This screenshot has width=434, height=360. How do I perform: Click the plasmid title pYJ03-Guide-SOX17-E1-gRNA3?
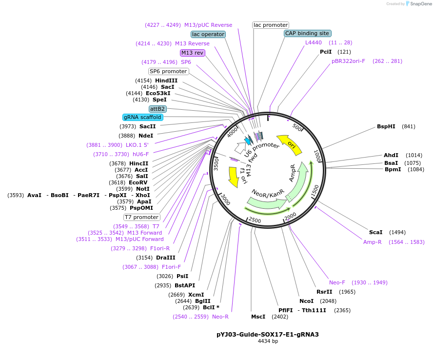267,335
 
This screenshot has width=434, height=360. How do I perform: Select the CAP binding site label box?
307,34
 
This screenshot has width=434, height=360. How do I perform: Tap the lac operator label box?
208,35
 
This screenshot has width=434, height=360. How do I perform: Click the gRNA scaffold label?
142,117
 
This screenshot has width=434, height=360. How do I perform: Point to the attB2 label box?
158,109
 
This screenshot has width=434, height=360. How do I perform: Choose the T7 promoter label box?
141,217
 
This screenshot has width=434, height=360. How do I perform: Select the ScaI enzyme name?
375,232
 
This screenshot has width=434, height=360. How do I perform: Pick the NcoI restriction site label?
306,301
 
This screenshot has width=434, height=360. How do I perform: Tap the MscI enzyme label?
258,317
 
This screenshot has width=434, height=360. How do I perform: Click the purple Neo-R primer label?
220,317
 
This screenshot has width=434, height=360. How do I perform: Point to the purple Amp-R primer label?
372,242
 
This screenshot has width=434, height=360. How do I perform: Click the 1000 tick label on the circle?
317,157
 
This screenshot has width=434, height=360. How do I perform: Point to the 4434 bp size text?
268,341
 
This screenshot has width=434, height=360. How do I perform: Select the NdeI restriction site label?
146,136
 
